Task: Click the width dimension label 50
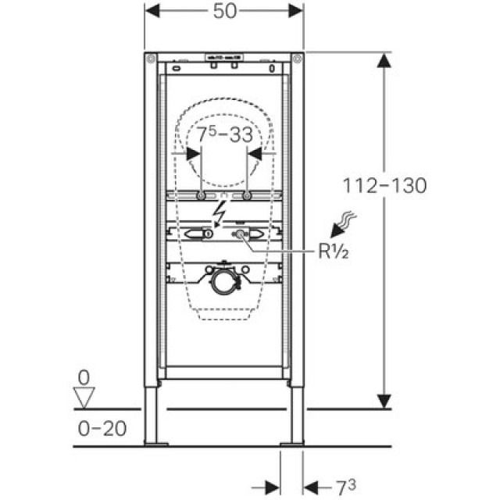click(x=224, y=10)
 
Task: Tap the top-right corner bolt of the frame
click(x=297, y=59)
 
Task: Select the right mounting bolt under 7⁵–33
click(x=246, y=195)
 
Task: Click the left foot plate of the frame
click(x=155, y=444)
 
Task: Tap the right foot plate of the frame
click(x=292, y=444)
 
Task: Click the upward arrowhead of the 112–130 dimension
click(x=384, y=61)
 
